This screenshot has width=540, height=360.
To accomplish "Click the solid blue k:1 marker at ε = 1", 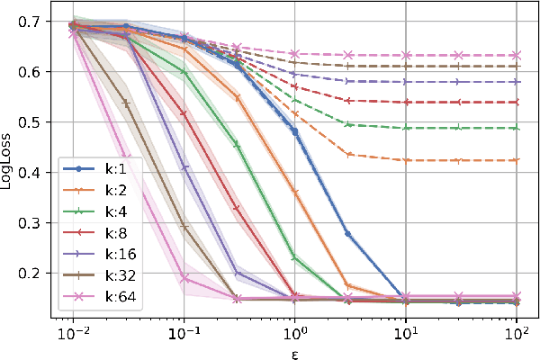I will pos(294,130).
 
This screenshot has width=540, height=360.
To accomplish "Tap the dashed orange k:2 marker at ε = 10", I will pos(405,160).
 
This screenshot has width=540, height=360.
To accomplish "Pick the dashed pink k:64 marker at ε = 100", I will pos(516,55).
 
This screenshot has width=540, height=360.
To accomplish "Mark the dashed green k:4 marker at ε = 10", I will pos(405,128).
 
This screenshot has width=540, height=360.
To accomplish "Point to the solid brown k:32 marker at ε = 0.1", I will pos(184,227).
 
